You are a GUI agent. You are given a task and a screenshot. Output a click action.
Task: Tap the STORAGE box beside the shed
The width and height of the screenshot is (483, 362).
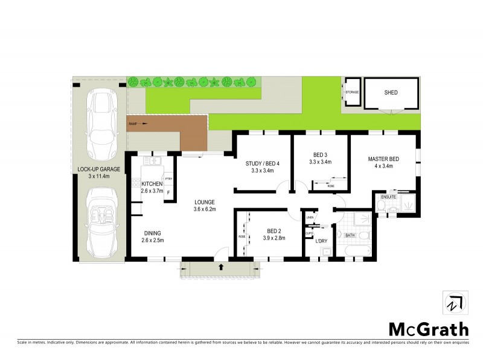point(351,92)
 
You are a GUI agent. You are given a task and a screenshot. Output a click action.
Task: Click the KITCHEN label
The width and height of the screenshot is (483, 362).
point(152,183)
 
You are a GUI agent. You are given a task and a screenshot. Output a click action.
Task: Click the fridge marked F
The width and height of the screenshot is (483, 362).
point(168,192)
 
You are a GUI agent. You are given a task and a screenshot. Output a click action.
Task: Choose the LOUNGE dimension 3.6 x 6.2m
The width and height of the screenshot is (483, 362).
point(205,209)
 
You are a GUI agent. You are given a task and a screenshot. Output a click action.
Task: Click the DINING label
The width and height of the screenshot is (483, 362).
point(153,233)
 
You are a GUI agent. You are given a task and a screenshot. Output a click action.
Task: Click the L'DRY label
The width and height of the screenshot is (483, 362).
point(321,241)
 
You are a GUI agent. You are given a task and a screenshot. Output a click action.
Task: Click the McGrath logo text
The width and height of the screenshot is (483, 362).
point(427,329)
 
